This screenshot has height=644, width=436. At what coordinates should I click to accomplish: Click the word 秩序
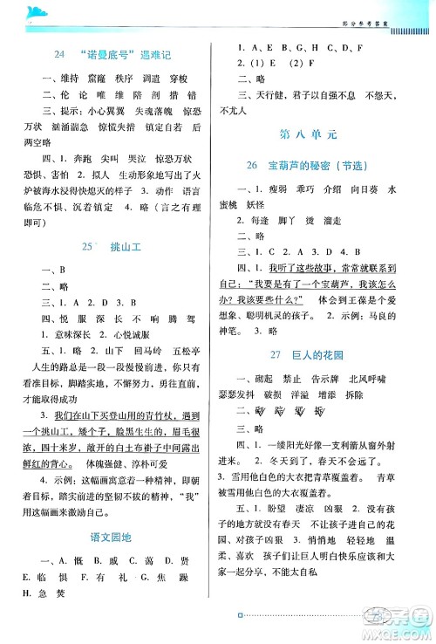pos(126,77)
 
